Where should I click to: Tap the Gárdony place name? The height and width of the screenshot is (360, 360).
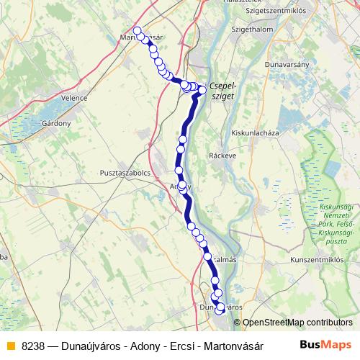(x=56, y=123)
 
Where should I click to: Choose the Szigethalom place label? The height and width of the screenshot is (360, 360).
(x=230, y=30)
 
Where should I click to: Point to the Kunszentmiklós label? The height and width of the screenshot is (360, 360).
(x=318, y=259)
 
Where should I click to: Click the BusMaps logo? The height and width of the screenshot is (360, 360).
(x=325, y=344)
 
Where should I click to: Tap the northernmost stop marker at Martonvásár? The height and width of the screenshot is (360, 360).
(x=138, y=30)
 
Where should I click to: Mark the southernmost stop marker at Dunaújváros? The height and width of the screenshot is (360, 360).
(x=220, y=310)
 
